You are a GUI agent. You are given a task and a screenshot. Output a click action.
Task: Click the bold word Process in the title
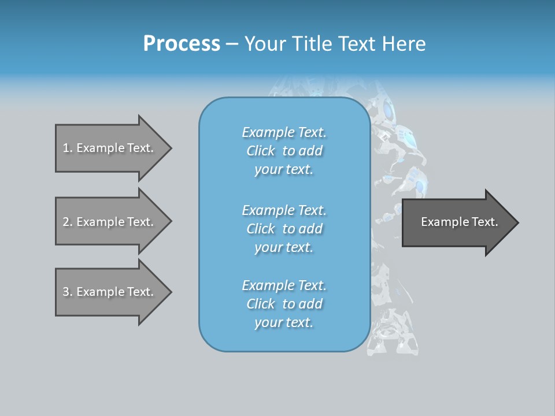coord(182,44)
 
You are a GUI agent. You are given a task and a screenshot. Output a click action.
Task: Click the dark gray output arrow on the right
coord(457,222)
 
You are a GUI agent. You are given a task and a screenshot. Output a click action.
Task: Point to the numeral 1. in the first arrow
coord(68,148)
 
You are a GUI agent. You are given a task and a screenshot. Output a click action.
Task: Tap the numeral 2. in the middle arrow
coord(68,222)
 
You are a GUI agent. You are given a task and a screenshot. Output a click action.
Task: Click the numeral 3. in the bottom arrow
coord(68,292)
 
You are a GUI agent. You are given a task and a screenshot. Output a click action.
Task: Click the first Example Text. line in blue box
coord(284,132)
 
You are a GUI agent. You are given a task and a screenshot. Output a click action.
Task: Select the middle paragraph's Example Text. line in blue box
coord(284,210)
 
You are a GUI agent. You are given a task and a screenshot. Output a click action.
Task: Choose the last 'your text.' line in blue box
coord(284,322)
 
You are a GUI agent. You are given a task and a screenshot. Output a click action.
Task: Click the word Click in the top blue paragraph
coord(261,151)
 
